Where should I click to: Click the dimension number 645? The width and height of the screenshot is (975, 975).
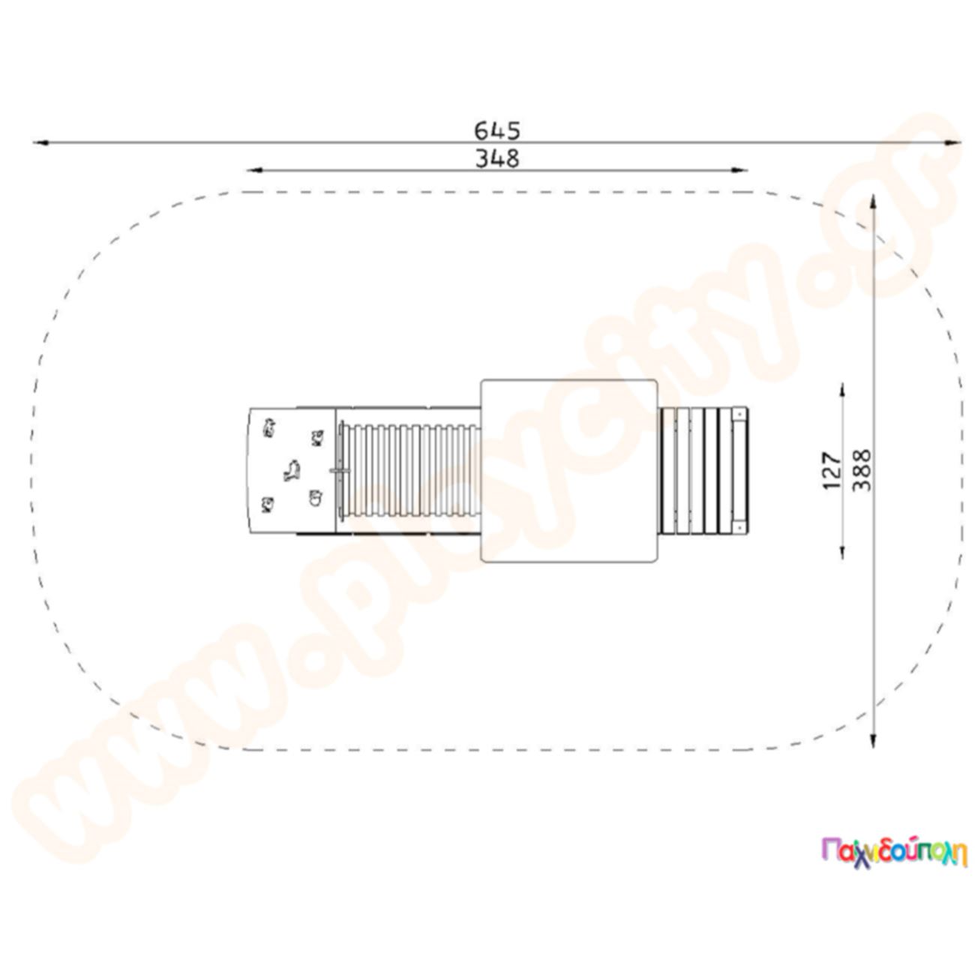click(496, 130)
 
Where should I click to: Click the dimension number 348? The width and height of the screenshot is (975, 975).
click(496, 159)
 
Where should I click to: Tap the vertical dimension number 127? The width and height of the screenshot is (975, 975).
click(832, 470)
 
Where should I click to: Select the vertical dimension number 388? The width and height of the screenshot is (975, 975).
click(862, 470)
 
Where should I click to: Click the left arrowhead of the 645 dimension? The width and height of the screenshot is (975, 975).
click(40, 142)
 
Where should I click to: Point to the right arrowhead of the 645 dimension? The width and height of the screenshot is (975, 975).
click(952, 142)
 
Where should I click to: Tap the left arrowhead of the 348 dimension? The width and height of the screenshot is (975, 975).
click(254, 170)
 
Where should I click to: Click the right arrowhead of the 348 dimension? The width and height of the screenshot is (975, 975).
click(739, 170)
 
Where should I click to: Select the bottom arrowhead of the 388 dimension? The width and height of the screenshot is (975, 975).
click(873, 740)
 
